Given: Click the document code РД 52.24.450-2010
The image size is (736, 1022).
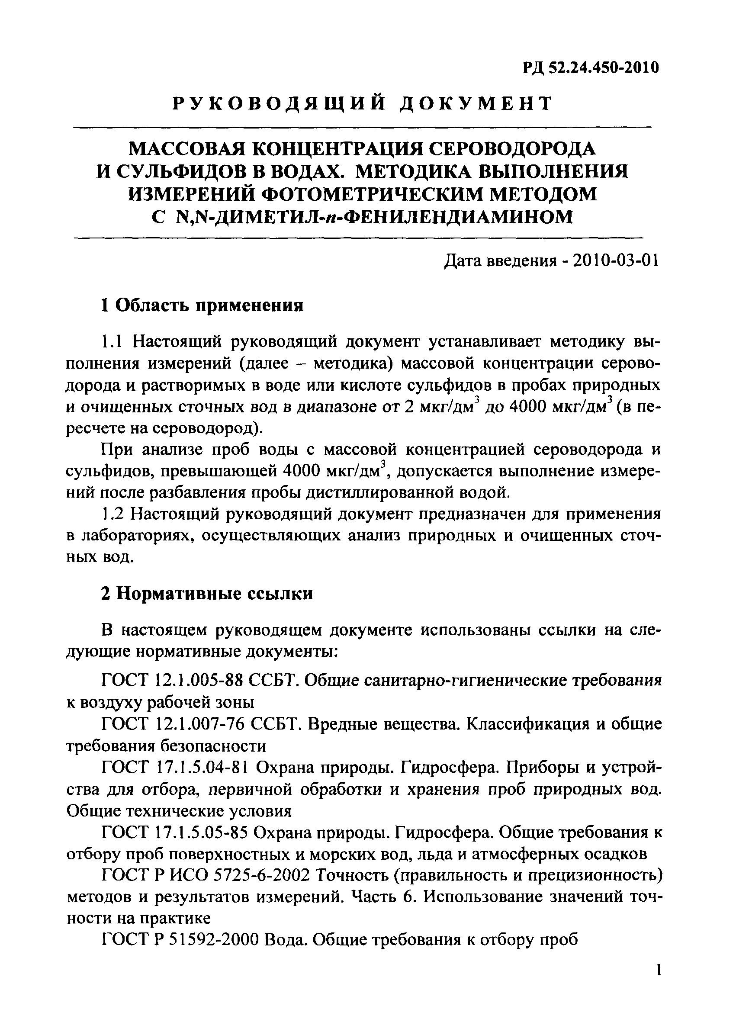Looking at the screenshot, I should point(591,68).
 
